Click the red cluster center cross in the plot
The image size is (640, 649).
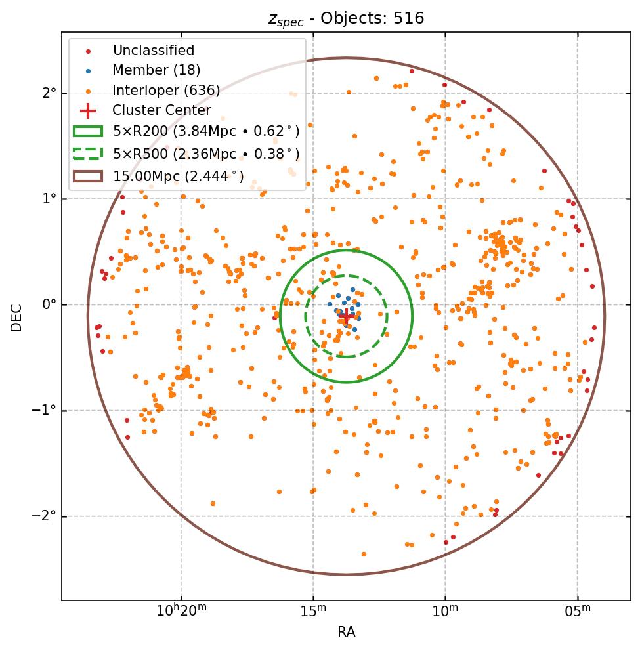pos(346,316)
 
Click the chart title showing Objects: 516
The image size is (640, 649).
pos(346,18)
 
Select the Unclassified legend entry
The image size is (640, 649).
pos(153,51)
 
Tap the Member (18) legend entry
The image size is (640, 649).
pos(156,70)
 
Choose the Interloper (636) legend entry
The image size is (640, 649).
pos(166,91)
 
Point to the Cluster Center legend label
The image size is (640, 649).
pos(161,110)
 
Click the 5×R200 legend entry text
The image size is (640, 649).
pos(205,131)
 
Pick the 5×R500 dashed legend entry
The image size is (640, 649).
pos(205,154)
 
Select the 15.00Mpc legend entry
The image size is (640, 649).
pos(178,176)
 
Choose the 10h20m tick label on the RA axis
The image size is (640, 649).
pos(181,611)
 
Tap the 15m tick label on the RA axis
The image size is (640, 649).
pos(313,611)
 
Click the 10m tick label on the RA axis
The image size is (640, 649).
pos(445,611)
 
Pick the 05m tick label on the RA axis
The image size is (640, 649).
pos(578,611)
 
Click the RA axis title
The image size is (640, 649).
pos(346,632)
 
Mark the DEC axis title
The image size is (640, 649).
pos(16,317)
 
